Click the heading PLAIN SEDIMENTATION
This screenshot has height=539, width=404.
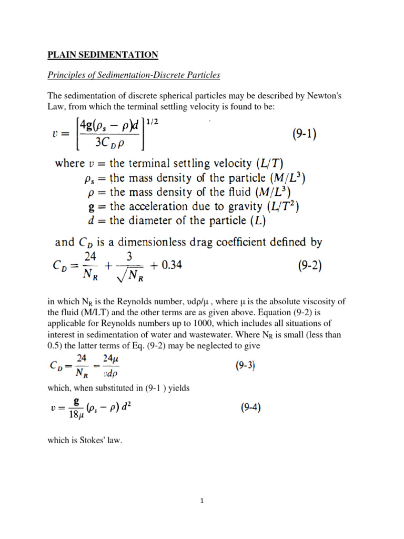pos(103,55)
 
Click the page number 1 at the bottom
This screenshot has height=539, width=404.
pos(201,502)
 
